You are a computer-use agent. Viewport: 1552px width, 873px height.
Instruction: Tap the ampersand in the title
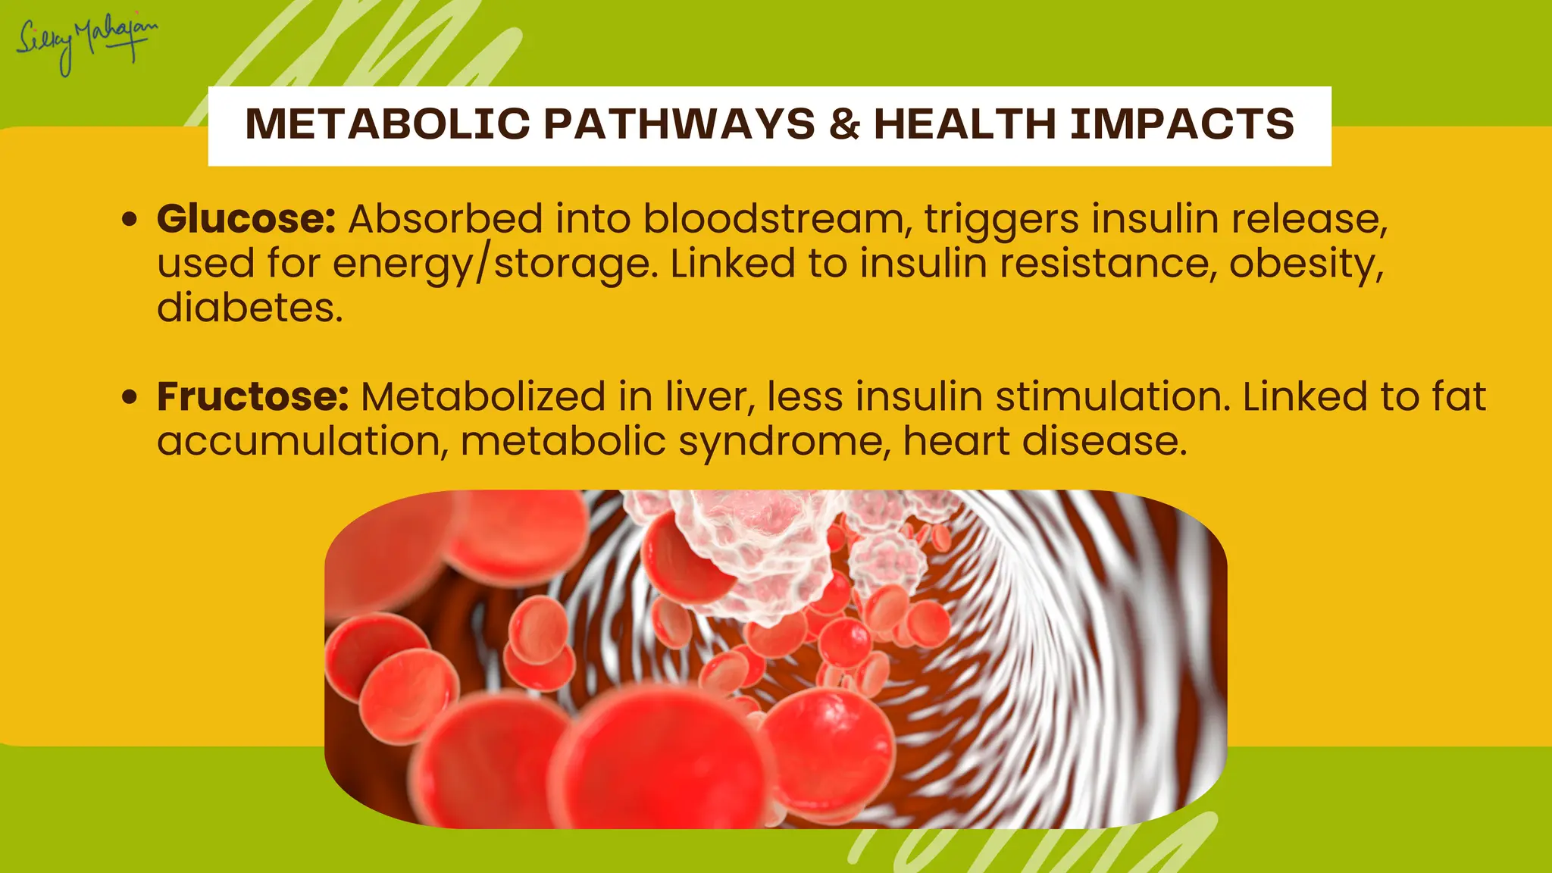844,124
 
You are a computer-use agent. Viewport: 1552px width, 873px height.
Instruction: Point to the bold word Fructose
252,396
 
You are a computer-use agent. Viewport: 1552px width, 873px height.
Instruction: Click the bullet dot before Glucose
130,220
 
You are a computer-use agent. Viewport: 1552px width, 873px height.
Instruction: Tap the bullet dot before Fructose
130,396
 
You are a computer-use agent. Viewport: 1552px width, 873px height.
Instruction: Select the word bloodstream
777,219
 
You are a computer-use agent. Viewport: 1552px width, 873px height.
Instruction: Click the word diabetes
250,308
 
